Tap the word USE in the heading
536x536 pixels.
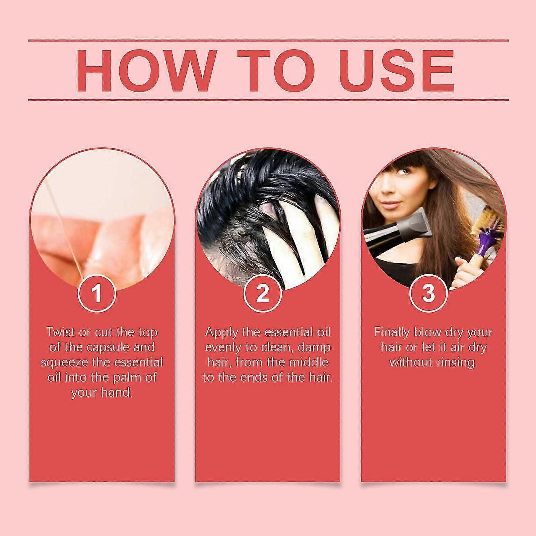(x=389, y=71)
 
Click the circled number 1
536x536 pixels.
(x=97, y=292)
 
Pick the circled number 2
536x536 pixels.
(x=262, y=292)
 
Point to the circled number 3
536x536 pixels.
(x=428, y=292)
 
